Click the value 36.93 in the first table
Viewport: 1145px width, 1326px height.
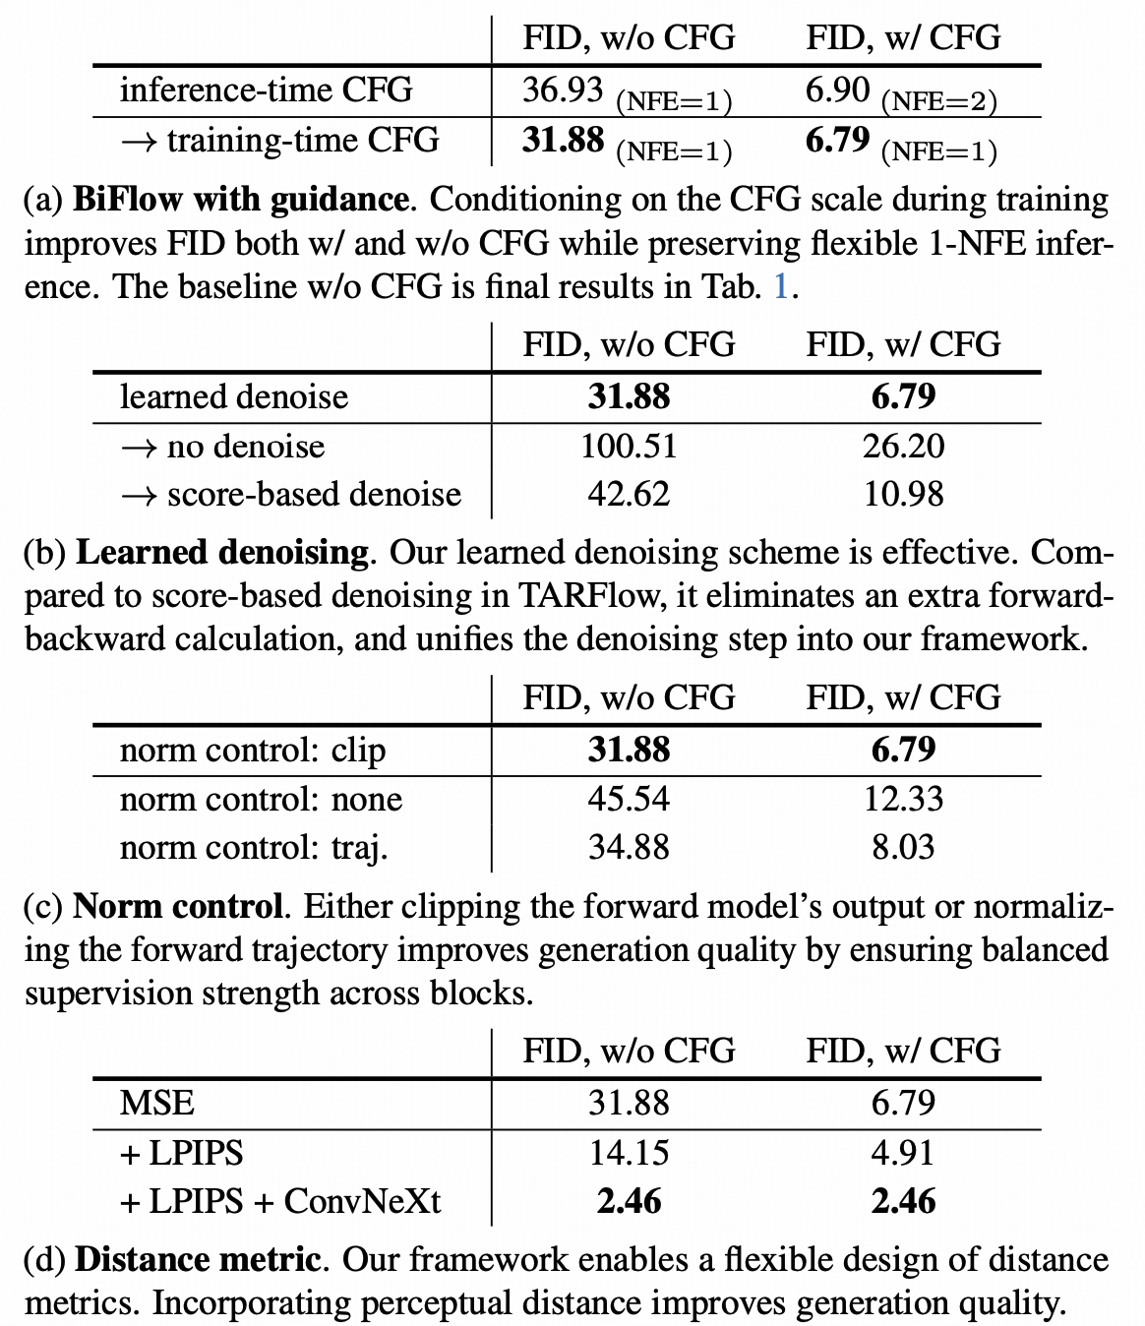point(562,90)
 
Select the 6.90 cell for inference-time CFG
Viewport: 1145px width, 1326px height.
point(837,90)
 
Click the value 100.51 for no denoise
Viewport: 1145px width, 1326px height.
point(629,447)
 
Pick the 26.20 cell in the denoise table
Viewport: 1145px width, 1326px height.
point(903,447)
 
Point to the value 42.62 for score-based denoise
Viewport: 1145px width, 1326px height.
point(629,494)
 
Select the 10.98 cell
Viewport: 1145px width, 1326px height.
point(903,494)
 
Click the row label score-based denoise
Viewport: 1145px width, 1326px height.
point(290,494)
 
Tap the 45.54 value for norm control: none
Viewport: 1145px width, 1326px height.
point(629,799)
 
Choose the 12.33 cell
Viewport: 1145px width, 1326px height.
point(903,799)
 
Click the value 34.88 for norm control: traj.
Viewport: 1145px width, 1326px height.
point(629,847)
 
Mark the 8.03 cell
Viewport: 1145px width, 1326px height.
point(903,847)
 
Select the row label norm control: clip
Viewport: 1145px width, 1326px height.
point(253,751)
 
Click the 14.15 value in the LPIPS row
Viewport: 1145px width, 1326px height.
point(629,1153)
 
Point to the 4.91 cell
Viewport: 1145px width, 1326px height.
point(903,1153)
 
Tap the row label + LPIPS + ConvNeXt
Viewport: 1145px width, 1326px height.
point(280,1201)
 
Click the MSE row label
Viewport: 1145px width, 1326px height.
point(157,1103)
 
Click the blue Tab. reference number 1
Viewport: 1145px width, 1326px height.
point(781,286)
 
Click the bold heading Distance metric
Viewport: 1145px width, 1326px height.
point(197,1260)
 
